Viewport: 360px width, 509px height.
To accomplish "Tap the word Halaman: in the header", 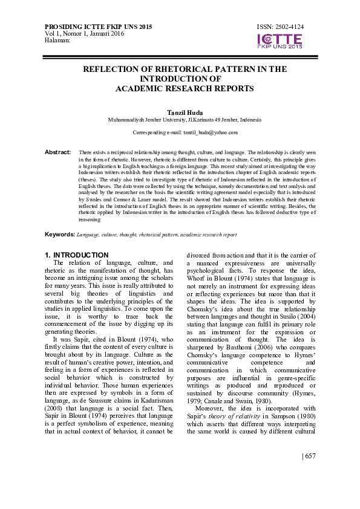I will tap(58, 40).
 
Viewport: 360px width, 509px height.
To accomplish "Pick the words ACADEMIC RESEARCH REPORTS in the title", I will tap(185, 88).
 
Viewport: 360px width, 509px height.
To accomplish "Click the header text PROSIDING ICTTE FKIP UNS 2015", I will tap(99, 28).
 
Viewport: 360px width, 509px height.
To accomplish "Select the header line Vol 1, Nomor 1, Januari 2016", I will tap(82, 34).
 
